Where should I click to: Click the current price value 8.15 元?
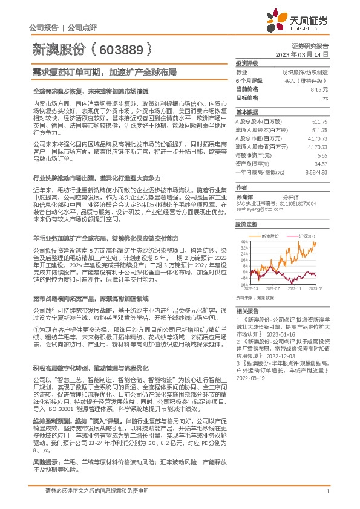tap(319, 89)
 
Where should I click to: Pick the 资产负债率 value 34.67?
tap(322, 163)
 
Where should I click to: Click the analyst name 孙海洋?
tap(244, 198)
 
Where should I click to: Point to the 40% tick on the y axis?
tap(244, 241)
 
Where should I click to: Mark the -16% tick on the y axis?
tap(243, 283)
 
